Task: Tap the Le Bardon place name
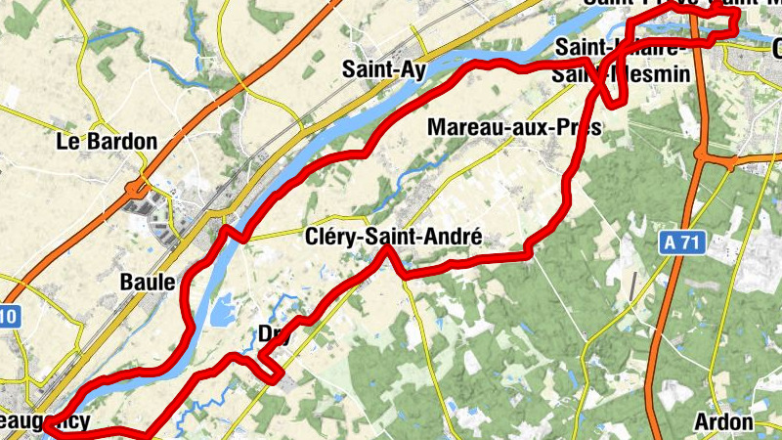107,142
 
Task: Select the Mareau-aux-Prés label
513,127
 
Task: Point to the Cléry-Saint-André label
394,237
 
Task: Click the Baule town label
147,282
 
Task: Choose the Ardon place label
723,422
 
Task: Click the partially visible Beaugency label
45,421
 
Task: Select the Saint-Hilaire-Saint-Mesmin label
622,61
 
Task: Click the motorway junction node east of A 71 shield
702,154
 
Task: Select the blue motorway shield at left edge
8,316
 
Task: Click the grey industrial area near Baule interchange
148,205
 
